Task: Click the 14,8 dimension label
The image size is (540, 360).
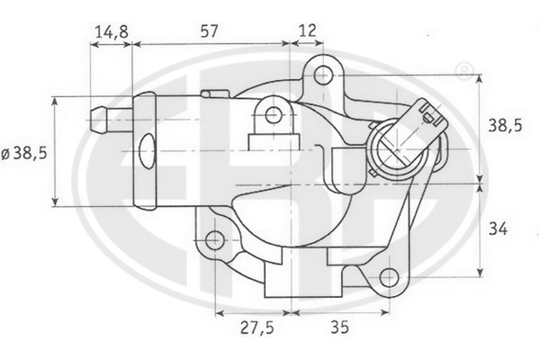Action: pyautogui.click(x=112, y=31)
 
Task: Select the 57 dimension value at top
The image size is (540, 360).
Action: pyautogui.click(x=209, y=31)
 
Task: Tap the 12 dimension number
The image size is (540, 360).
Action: pyautogui.click(x=307, y=31)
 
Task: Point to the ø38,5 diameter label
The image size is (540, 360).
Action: pyautogui.click(x=24, y=154)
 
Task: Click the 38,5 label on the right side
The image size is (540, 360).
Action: pyautogui.click(x=505, y=126)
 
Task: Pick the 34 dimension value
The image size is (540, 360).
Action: pyautogui.click(x=498, y=229)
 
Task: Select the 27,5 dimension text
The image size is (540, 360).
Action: pyautogui.click(x=257, y=328)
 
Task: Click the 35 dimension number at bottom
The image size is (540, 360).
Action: pyautogui.click(x=339, y=327)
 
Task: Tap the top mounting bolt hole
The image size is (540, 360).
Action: pyautogui.click(x=323, y=75)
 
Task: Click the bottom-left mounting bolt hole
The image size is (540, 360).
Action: pyautogui.click(x=214, y=240)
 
